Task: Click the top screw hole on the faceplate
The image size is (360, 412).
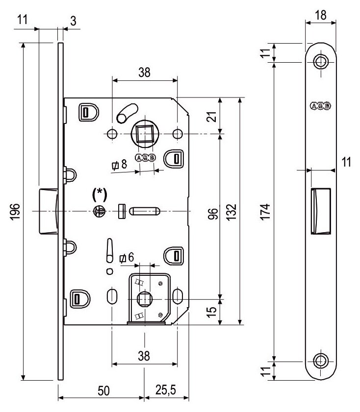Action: point(321,62)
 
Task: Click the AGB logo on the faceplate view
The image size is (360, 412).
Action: point(320,106)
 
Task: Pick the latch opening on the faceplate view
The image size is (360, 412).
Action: point(320,211)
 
